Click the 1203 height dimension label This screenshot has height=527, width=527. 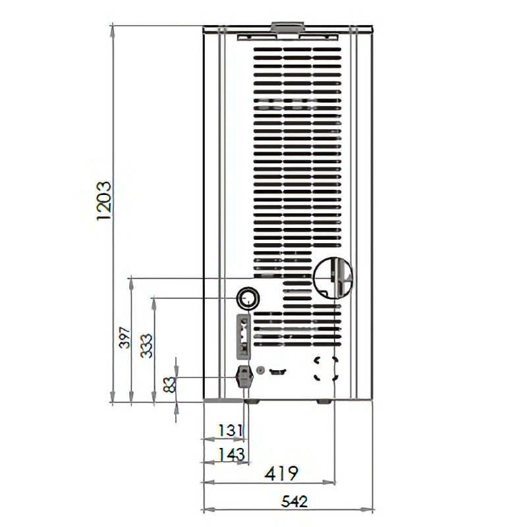click(x=103, y=201)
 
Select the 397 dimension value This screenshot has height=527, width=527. click(x=125, y=337)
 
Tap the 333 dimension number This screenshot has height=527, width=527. click(x=146, y=346)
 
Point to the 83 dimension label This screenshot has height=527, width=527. click(x=169, y=385)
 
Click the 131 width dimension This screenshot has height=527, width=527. click(x=230, y=430)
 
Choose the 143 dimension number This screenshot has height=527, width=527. click(x=231, y=455)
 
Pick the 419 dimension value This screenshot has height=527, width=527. click(x=281, y=473)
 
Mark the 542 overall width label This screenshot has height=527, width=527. click(x=294, y=501)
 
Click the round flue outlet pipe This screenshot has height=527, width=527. click(x=248, y=298)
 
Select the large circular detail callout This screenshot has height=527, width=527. click(x=333, y=278)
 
